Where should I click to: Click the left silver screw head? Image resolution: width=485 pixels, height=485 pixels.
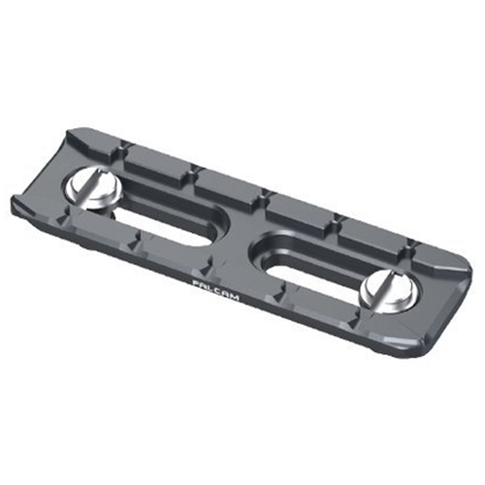tap(94, 188)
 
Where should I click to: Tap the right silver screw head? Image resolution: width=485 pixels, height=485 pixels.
tap(388, 291)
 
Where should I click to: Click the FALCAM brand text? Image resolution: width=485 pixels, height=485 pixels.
tap(215, 290)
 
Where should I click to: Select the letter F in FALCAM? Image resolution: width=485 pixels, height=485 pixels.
tap(195, 283)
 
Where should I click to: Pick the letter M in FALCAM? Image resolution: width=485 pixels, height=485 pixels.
tap(235, 297)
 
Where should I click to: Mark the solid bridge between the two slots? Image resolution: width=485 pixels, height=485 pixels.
tap(240, 240)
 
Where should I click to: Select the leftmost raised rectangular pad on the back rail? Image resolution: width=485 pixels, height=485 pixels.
tap(156, 163)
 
